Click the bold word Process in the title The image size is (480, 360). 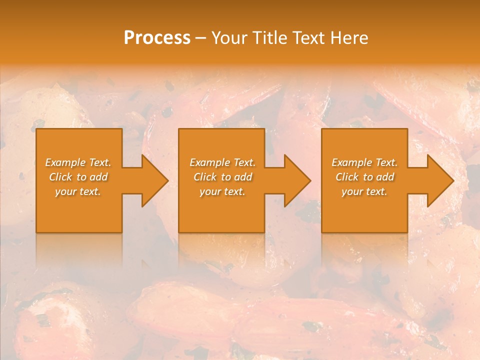(x=157, y=38)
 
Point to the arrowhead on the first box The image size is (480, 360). (x=150, y=180)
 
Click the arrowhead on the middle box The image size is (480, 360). (x=292, y=180)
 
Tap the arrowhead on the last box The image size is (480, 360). (x=435, y=180)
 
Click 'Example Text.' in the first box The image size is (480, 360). (x=78, y=162)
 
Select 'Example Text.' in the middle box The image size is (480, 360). (x=222, y=162)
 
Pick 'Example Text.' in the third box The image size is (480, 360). (x=364, y=162)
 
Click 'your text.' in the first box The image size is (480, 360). (x=78, y=191)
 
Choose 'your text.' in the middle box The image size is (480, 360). (x=222, y=191)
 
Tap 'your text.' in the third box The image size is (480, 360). (x=364, y=191)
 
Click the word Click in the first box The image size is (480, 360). (x=60, y=177)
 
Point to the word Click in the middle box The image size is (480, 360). (x=205, y=177)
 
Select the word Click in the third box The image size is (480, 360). (x=347, y=177)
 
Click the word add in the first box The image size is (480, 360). (x=99, y=177)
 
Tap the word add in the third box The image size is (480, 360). (x=385, y=177)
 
